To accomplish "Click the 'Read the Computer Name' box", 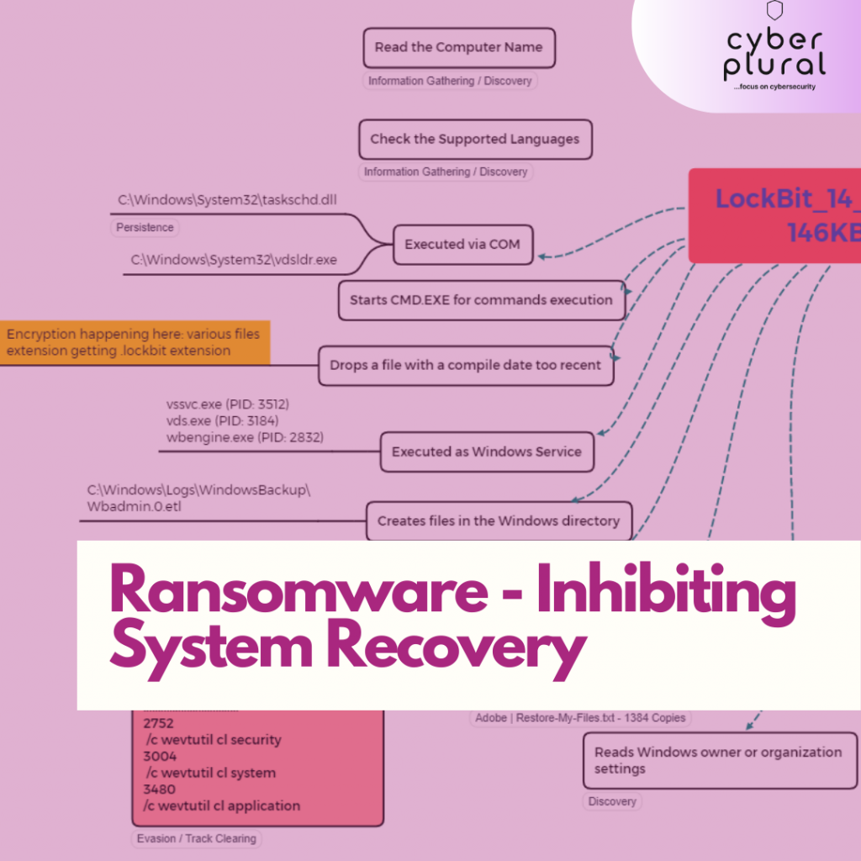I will click(x=459, y=48).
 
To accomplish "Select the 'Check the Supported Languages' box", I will click(x=475, y=140).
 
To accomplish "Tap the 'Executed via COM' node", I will click(x=462, y=245).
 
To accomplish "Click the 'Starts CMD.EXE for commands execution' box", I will click(x=482, y=300).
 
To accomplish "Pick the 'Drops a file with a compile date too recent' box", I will click(x=466, y=365).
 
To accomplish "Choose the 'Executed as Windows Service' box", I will click(x=486, y=452).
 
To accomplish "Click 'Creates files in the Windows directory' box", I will click(x=498, y=520).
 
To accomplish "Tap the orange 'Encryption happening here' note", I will click(x=135, y=342).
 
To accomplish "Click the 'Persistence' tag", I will click(x=145, y=228).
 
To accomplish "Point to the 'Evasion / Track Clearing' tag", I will click(x=197, y=838).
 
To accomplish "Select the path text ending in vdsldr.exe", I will click(x=234, y=260).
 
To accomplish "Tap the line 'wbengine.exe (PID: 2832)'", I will click(x=245, y=437).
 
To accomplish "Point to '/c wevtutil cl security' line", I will click(x=213, y=740).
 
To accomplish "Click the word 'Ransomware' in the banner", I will click(x=298, y=592).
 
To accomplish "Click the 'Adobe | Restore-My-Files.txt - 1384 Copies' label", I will click(x=580, y=718).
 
